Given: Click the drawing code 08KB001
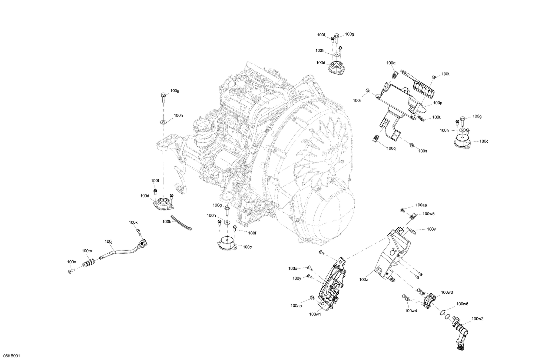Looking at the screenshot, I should click(x=11, y=356).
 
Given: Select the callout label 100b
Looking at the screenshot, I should click(x=167, y=221).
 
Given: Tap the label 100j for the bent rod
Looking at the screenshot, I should click(x=109, y=241).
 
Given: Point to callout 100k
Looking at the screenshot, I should click(x=133, y=222).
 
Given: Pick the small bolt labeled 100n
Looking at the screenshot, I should click(x=71, y=271).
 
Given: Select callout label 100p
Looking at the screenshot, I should click(x=437, y=103).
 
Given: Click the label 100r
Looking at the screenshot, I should click(x=357, y=100).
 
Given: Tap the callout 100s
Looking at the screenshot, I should click(x=423, y=151).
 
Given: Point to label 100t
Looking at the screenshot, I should click(x=446, y=74).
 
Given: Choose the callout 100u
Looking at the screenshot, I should click(x=437, y=117).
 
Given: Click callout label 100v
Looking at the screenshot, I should click(x=431, y=229).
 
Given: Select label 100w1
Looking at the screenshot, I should click(x=315, y=314).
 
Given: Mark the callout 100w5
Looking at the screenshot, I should click(x=428, y=214).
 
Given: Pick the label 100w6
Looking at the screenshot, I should click(x=462, y=304).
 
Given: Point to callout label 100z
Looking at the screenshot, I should click(x=364, y=280).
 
